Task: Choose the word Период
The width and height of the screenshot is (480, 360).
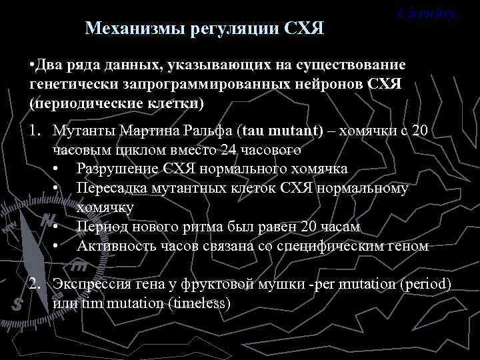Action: point(101,227)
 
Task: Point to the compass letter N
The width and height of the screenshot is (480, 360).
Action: point(47,220)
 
